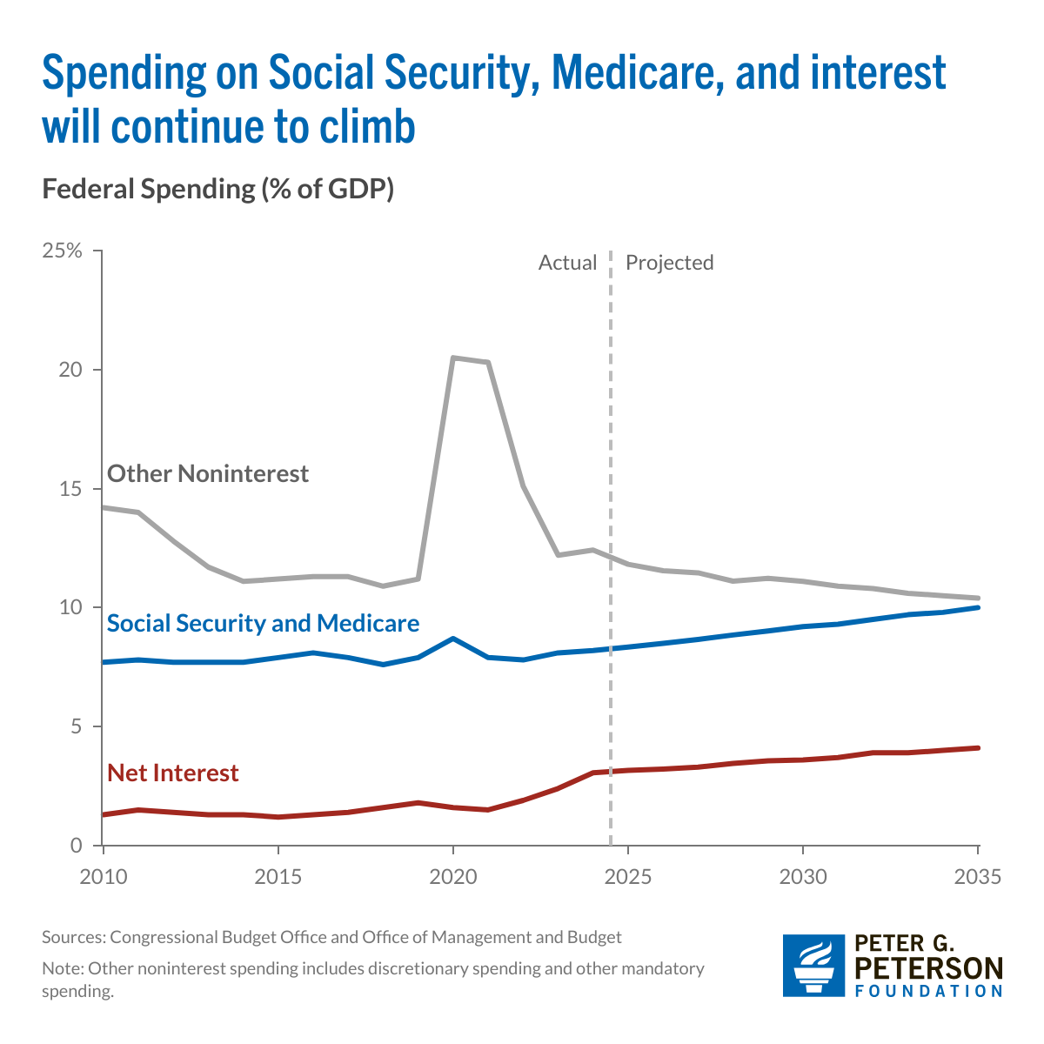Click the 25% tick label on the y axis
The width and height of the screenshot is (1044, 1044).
(x=62, y=251)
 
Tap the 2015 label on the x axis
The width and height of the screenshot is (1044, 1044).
(x=278, y=876)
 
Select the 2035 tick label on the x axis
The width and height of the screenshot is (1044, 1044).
(x=978, y=876)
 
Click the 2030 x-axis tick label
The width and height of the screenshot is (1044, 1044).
(x=803, y=876)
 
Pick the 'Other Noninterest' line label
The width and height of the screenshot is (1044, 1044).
(x=208, y=474)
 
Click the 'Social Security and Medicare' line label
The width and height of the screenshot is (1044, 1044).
(x=263, y=623)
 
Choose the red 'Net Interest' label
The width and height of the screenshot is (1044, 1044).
(x=172, y=773)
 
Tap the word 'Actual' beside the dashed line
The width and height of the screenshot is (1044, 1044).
(x=567, y=263)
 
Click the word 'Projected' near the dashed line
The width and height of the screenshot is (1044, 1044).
(x=669, y=263)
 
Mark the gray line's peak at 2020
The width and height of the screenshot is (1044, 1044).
(x=453, y=358)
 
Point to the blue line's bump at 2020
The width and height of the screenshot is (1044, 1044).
(x=453, y=639)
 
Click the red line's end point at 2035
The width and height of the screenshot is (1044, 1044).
(x=978, y=748)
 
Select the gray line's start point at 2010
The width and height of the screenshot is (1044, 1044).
(x=104, y=507)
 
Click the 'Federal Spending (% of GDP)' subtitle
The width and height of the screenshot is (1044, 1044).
(x=218, y=189)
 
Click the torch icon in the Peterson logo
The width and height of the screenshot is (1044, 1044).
(x=814, y=965)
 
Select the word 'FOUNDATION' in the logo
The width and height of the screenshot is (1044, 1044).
(x=928, y=991)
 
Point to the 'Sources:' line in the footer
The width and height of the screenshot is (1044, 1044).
(x=331, y=937)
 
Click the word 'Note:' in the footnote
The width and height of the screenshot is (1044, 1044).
(x=63, y=968)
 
